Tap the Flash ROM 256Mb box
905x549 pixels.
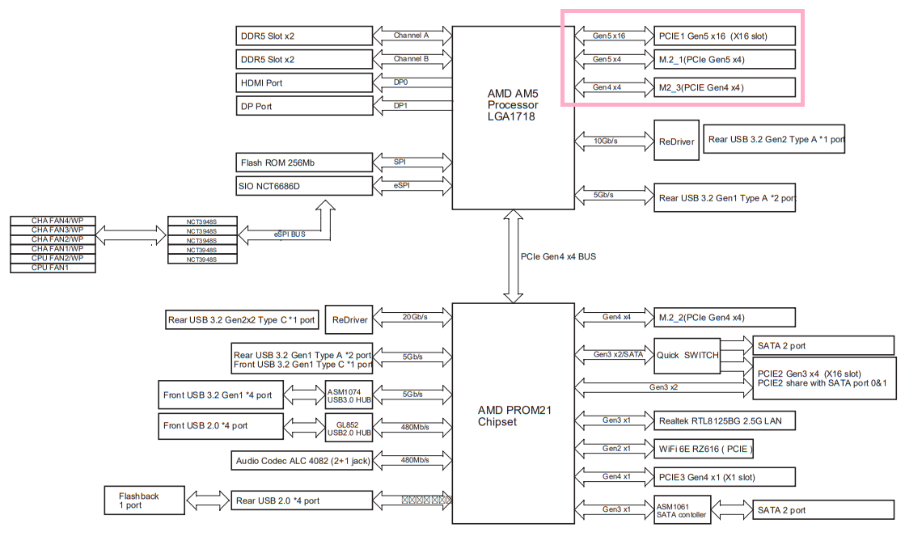pos(302,163)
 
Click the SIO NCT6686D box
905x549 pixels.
pos(302,186)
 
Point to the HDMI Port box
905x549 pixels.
pos(302,82)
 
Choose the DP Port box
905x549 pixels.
pos(302,106)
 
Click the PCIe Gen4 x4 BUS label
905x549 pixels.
pos(558,256)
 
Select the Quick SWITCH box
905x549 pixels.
pos(687,356)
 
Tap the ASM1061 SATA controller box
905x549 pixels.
pos(681,510)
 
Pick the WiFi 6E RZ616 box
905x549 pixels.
pos(704,449)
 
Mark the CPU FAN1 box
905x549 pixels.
pos(53,268)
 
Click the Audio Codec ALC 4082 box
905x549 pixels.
pos(302,461)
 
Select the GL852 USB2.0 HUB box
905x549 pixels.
pos(349,427)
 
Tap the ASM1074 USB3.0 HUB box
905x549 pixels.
pos(349,395)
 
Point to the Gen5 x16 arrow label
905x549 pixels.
pos(608,36)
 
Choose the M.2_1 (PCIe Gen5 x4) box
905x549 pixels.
pos(725,59)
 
